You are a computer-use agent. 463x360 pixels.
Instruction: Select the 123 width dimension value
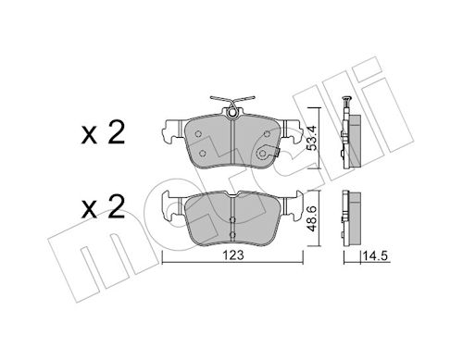233,255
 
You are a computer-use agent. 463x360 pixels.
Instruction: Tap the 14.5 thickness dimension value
375,255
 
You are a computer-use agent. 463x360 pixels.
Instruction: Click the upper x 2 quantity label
103,132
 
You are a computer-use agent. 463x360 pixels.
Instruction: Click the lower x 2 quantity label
103,207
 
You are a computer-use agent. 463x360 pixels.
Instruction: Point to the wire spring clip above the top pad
232,100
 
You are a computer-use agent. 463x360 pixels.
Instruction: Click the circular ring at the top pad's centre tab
232,114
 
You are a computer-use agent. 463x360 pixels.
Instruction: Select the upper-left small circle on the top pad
198,134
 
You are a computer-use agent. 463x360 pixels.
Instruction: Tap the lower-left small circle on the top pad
203,153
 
